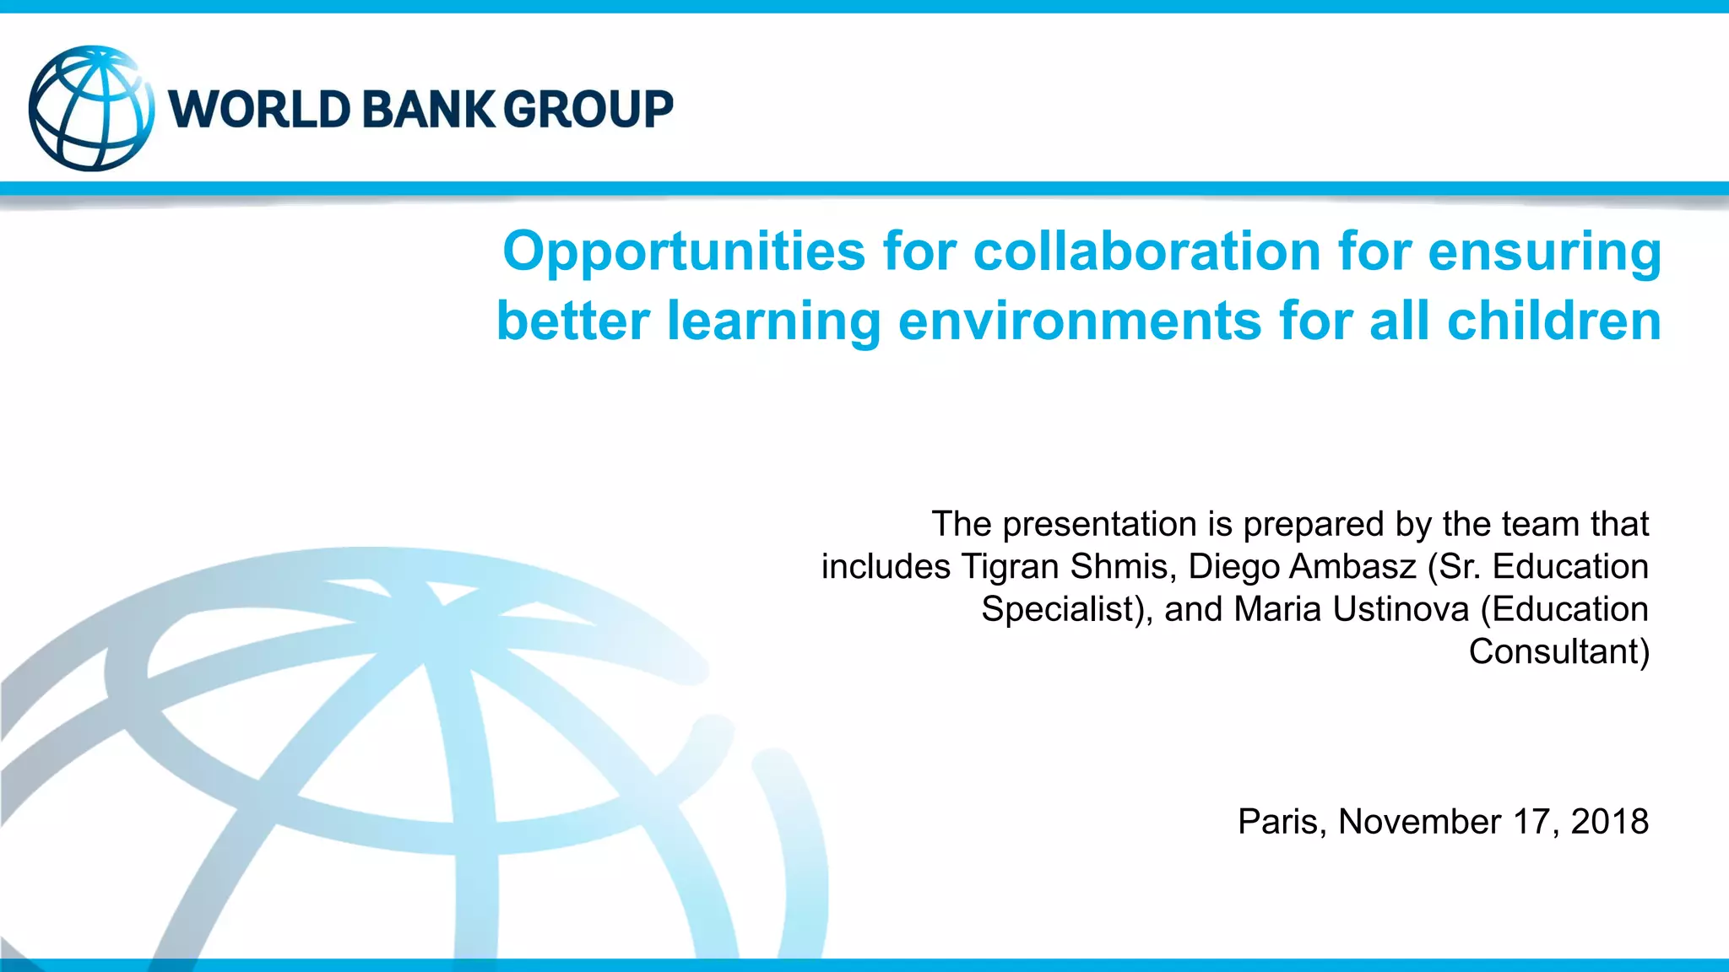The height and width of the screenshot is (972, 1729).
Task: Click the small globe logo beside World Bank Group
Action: click(x=91, y=109)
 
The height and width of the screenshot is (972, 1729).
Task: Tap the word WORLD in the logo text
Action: click(x=259, y=110)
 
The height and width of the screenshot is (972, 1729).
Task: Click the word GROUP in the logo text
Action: click(x=588, y=110)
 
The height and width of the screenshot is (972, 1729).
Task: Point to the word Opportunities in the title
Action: click(x=684, y=251)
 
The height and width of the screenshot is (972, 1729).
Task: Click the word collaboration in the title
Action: click(x=1146, y=251)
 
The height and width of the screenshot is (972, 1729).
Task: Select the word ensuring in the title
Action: click(x=1544, y=251)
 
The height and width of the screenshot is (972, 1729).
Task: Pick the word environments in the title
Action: click(x=1080, y=321)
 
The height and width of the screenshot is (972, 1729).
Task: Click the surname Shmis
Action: click(x=1123, y=567)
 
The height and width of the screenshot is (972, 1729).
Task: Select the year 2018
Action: click(x=1609, y=822)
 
